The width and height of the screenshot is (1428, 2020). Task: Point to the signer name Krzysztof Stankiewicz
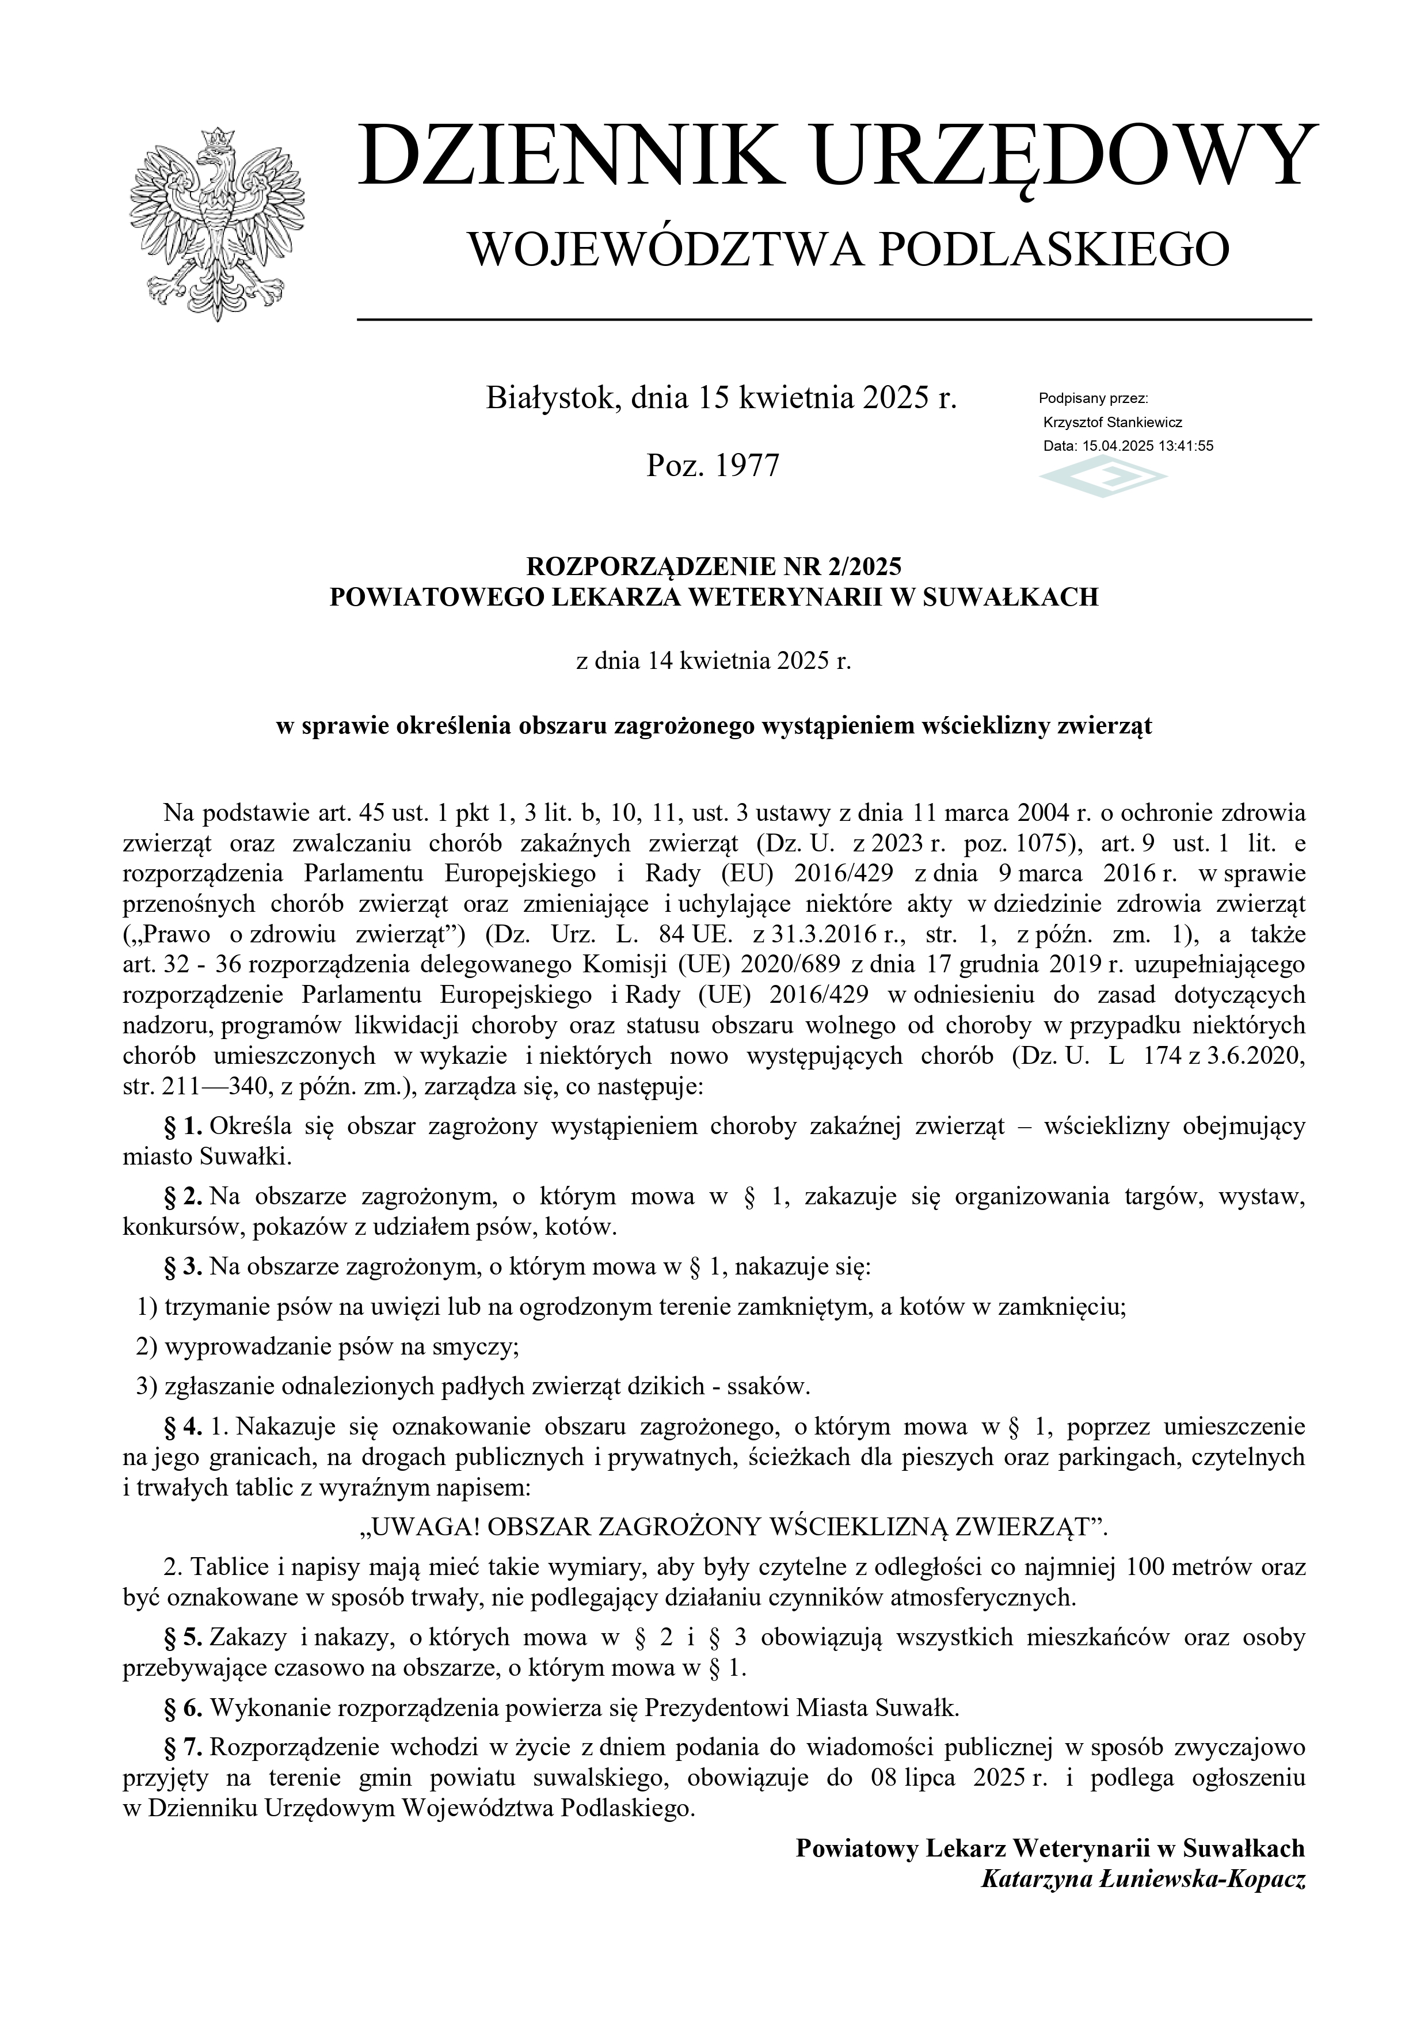click(1112, 423)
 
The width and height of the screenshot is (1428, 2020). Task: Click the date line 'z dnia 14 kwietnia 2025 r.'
click(714, 661)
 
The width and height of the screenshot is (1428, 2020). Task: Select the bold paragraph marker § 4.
click(184, 1426)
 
